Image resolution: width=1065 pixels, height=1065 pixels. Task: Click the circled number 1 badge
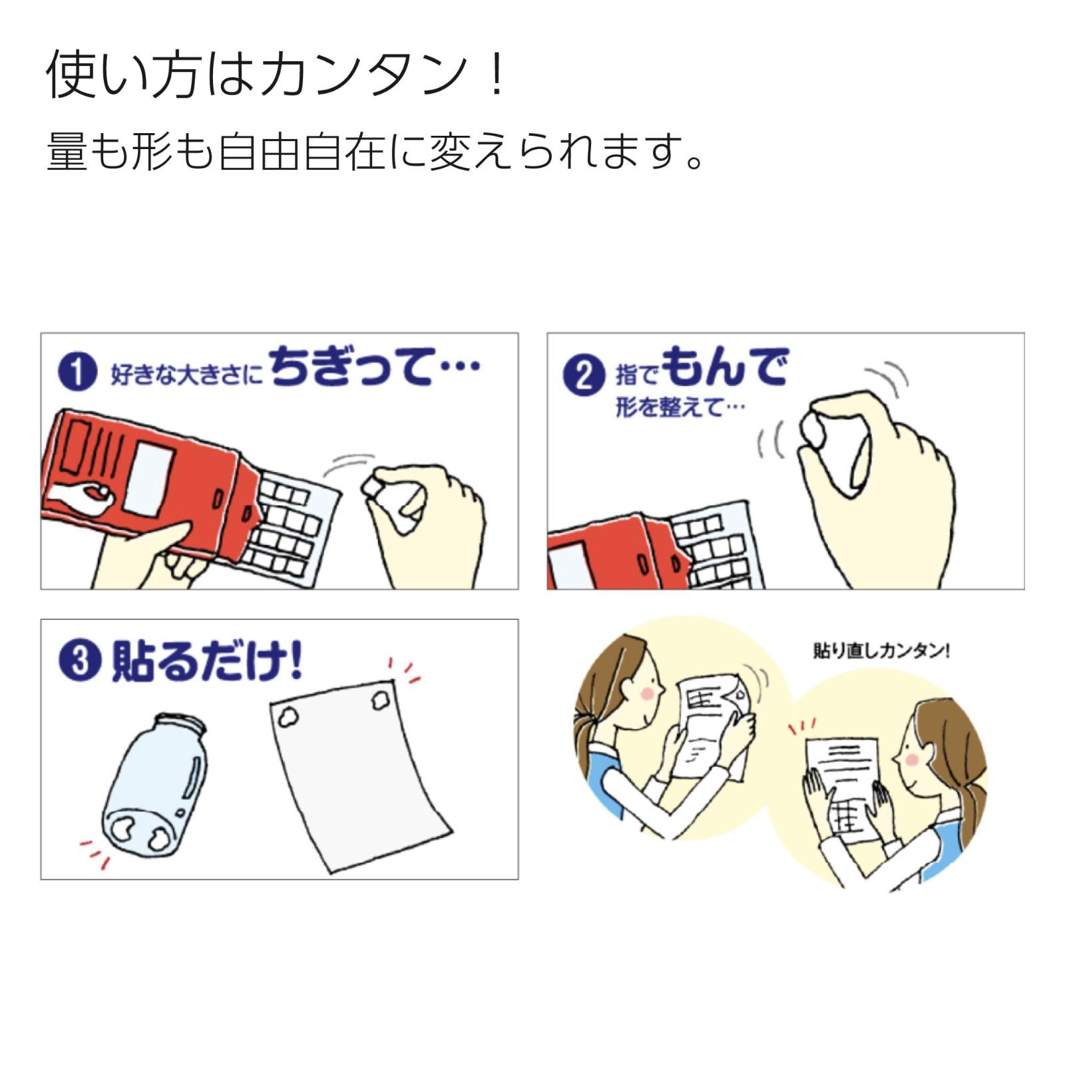coord(78,373)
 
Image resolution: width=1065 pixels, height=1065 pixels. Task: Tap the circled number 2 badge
coord(584,375)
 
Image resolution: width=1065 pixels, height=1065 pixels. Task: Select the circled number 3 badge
coord(80,662)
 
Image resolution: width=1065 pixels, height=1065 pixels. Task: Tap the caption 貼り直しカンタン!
coord(881,650)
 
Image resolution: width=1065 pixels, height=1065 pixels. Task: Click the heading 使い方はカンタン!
coord(276,75)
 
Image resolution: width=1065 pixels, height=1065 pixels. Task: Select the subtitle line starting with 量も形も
coord(376,152)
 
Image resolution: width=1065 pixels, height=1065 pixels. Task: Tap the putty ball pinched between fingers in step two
coord(815,431)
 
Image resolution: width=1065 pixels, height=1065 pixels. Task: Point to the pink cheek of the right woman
coord(913,759)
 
